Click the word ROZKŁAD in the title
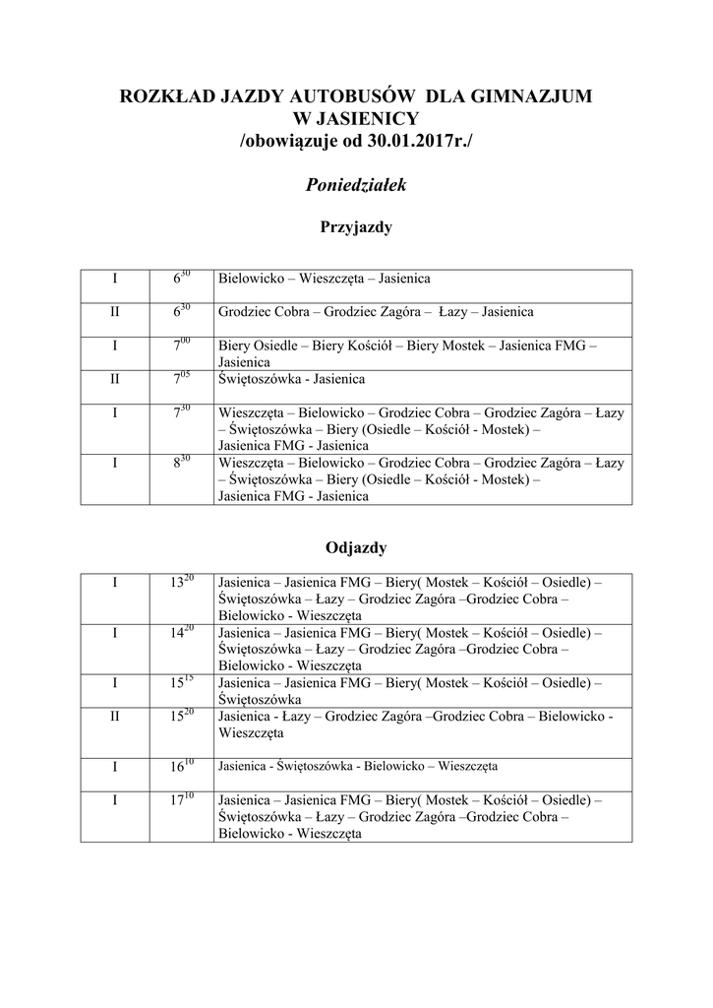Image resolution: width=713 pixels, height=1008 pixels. [x=162, y=96]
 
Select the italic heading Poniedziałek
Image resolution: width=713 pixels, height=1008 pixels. [x=356, y=185]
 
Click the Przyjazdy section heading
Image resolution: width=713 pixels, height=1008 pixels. [x=356, y=228]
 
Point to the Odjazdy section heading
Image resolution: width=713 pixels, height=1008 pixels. [x=356, y=546]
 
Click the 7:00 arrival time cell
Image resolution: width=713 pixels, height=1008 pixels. [x=181, y=346]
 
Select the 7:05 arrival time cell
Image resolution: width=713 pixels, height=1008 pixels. [x=181, y=380]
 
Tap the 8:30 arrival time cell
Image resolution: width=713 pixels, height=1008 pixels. [x=181, y=463]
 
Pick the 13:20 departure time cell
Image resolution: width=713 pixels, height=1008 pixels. [x=181, y=582]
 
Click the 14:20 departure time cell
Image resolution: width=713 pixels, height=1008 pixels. [x=181, y=632]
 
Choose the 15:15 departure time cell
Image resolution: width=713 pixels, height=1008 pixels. [x=181, y=682]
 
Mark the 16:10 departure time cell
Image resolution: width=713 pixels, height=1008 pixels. [x=181, y=765]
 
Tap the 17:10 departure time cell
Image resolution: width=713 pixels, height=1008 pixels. [x=181, y=800]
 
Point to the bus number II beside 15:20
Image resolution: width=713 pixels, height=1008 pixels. [x=115, y=717]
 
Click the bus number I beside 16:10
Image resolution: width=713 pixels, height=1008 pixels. [x=115, y=765]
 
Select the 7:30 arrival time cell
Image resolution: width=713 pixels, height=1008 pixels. [x=181, y=413]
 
